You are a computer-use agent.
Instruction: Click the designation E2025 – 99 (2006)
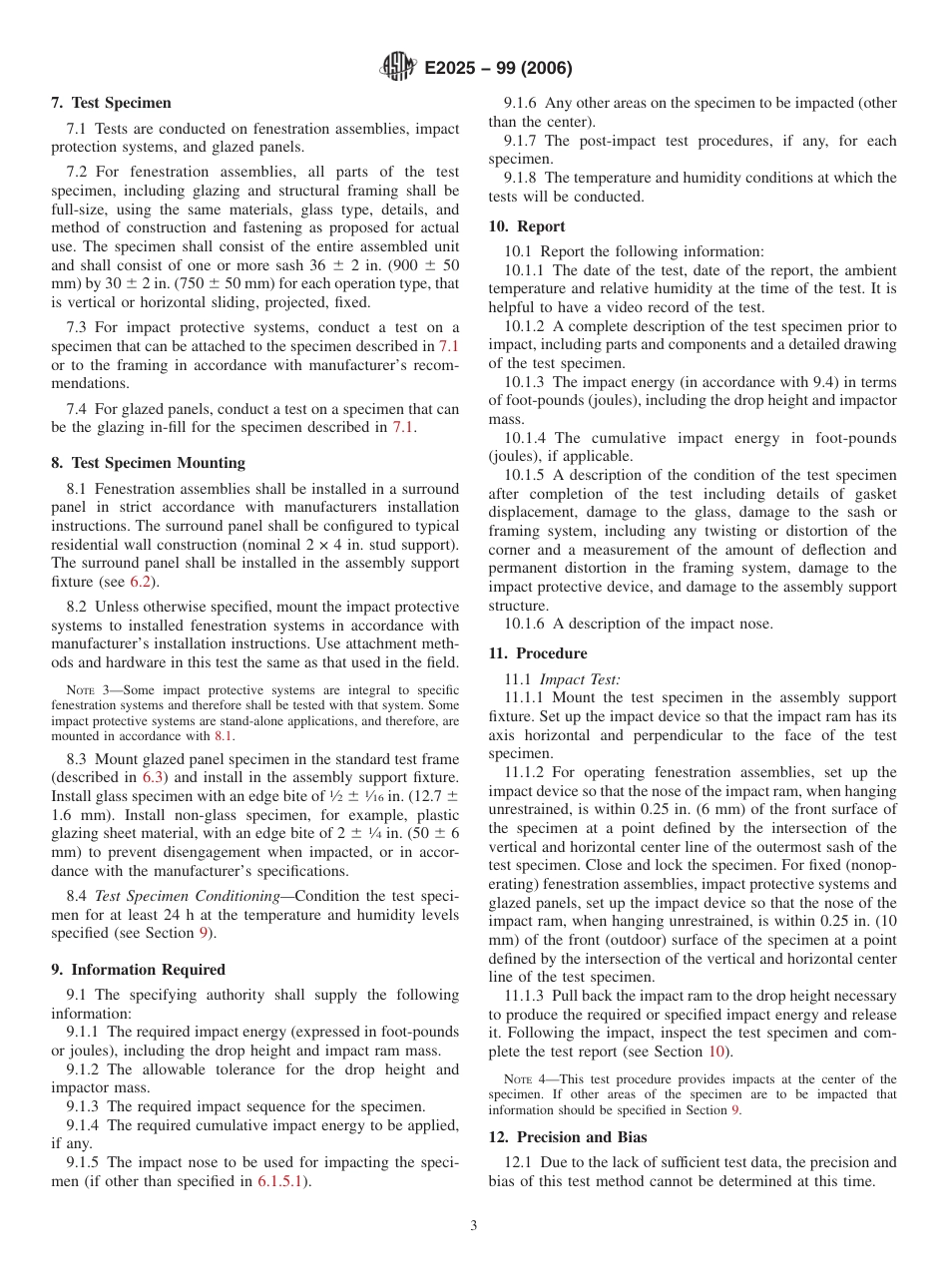[498, 69]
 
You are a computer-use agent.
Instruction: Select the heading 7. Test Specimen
[111, 103]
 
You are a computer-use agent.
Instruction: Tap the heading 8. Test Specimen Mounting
[148, 463]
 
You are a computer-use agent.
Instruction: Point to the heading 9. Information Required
[138, 970]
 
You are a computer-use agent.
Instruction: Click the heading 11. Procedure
[538, 653]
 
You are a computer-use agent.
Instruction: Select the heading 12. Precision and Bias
[568, 1137]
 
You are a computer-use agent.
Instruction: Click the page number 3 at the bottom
[473, 1225]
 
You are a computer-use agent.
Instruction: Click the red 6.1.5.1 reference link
[281, 1181]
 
